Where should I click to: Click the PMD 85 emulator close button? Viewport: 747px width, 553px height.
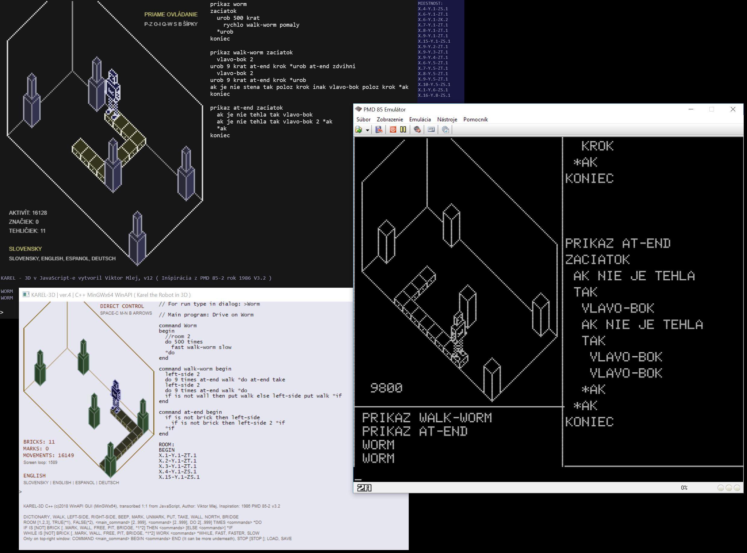733,109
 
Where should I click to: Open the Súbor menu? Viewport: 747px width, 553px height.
363,120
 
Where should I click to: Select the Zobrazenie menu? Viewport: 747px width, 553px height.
390,120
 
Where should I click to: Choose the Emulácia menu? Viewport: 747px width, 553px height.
420,120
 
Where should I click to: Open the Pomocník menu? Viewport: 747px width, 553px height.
475,120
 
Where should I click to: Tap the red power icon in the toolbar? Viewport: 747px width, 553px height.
393,129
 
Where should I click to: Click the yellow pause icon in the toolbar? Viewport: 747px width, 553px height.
403,129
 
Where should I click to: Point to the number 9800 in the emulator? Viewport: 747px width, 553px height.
386,388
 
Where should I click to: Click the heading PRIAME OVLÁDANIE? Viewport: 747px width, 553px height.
171,14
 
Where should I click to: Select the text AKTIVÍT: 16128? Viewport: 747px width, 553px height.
28,213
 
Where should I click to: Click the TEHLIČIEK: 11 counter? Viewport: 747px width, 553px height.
27,231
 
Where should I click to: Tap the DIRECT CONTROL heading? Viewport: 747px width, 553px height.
122,306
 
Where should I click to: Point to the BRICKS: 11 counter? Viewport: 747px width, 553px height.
39,442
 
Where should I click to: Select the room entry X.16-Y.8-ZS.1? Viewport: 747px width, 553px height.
434,96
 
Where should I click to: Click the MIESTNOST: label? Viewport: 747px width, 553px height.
430,3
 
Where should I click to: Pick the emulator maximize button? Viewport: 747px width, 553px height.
712,109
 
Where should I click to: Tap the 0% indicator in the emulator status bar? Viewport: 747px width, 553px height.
684,488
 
